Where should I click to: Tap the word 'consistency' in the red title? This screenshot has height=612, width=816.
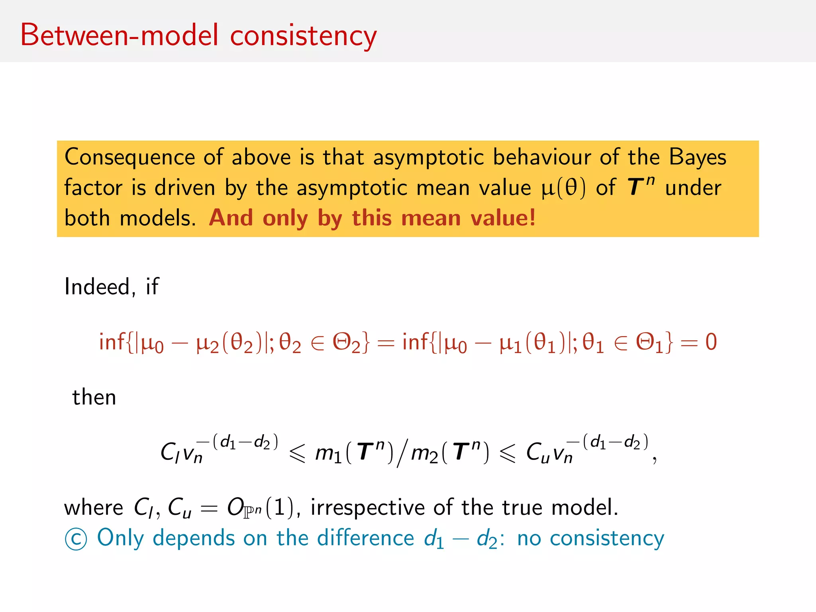[303, 36]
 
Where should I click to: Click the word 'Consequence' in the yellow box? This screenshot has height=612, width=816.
[129, 158]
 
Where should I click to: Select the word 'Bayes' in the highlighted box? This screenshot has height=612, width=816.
[697, 157]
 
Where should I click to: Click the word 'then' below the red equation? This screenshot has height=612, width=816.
[94, 397]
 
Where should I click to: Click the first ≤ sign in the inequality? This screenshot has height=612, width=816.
[297, 453]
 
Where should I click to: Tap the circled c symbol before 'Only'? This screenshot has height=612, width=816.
[76, 539]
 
